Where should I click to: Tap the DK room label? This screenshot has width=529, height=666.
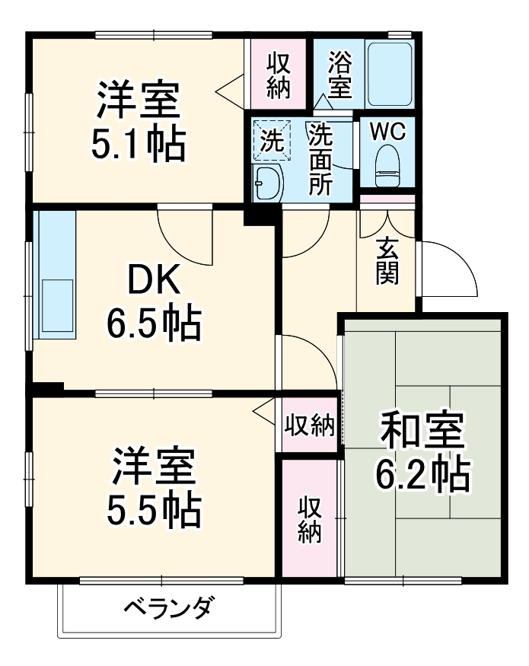[x=153, y=282]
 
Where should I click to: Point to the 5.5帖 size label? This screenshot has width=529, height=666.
[x=153, y=511]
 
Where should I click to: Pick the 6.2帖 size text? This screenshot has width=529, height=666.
[x=422, y=475]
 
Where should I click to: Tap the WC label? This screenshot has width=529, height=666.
[x=388, y=130]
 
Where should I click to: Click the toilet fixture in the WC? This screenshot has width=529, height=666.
[x=388, y=164]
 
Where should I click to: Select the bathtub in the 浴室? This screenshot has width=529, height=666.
[x=389, y=75]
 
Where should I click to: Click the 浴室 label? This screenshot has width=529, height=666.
[x=340, y=73]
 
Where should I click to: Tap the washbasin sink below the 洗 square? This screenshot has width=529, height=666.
[x=267, y=183]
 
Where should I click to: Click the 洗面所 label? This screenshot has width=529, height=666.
[x=320, y=160]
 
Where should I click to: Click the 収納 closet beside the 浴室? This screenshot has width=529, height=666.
[x=279, y=75]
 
